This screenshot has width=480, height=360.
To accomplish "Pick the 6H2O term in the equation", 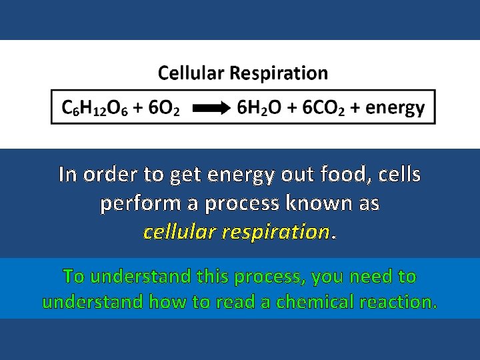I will (257, 108).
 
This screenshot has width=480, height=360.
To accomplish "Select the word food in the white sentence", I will (349, 175).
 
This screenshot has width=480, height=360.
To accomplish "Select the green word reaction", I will (399, 302).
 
